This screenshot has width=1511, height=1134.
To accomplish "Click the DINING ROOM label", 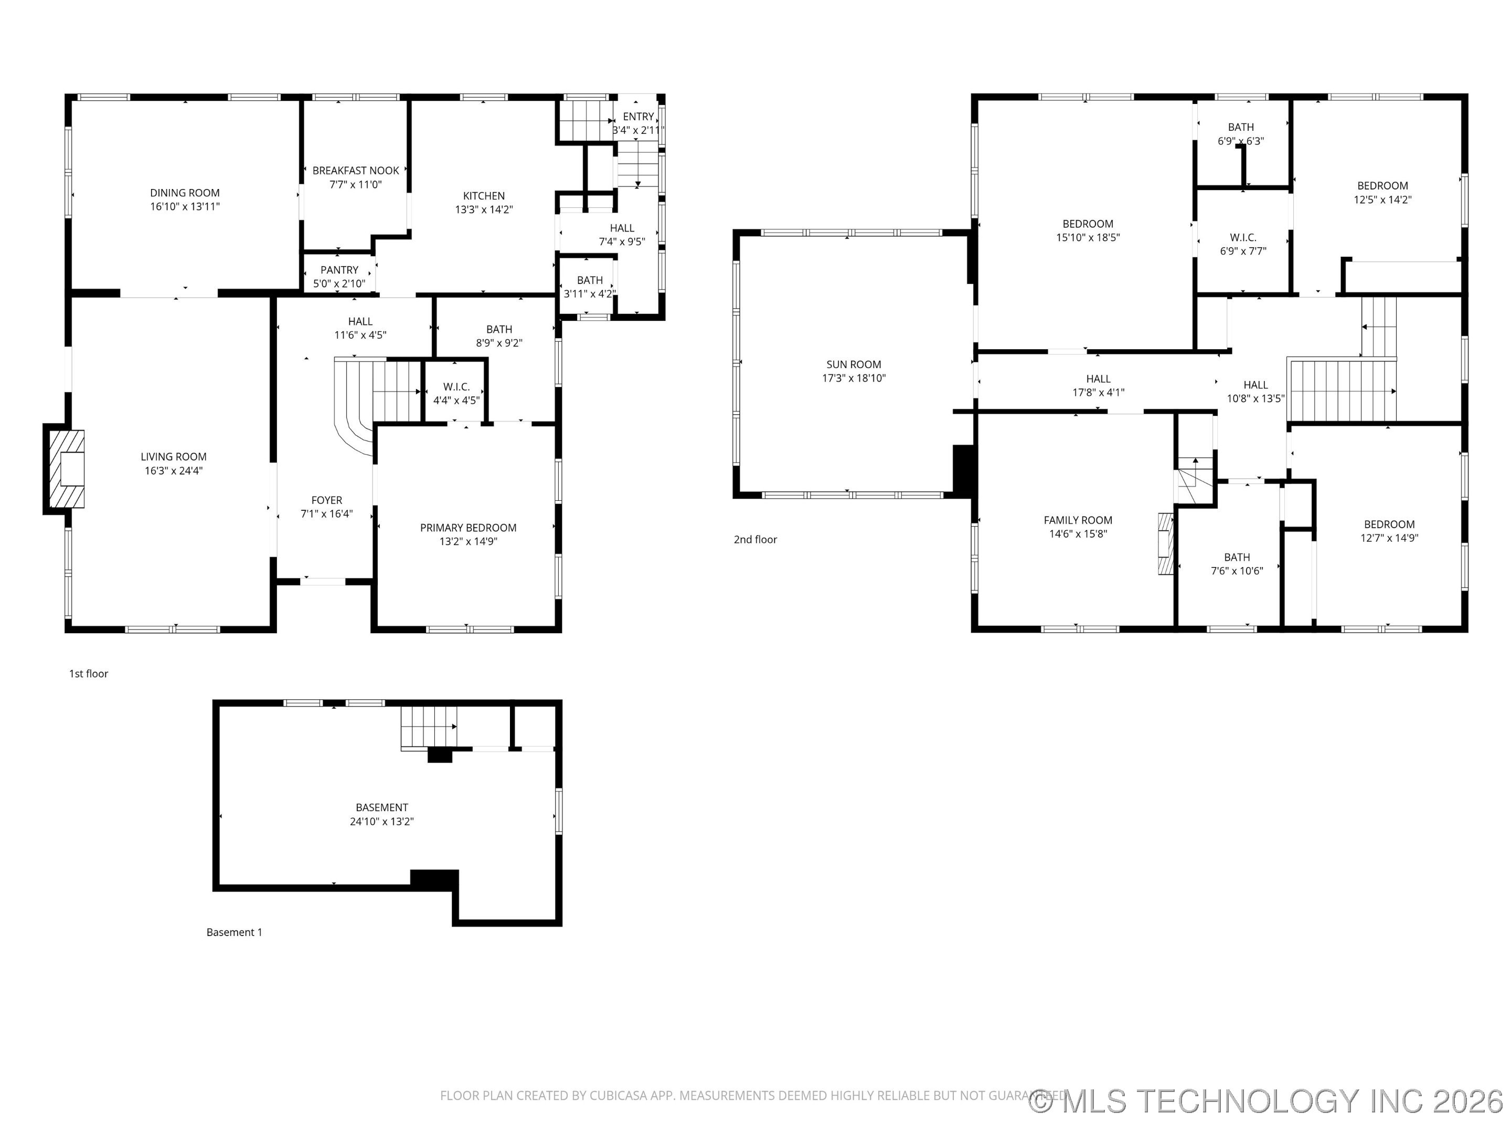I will [x=185, y=193].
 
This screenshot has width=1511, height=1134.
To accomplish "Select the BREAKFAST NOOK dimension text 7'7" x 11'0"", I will [x=356, y=185].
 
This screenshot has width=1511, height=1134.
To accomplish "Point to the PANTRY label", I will [x=339, y=270].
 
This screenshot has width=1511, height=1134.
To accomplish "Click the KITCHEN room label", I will [x=484, y=196].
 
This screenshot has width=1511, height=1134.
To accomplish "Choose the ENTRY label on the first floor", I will [x=638, y=117].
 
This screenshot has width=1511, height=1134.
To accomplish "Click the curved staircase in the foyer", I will [x=362, y=403].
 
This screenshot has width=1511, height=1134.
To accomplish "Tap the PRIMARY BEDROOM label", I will [x=468, y=528].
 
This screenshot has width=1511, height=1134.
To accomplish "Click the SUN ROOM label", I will [x=853, y=365].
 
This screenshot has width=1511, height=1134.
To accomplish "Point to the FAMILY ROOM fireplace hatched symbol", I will [x=1165, y=543].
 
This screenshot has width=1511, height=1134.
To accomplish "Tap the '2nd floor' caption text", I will [x=755, y=539].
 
